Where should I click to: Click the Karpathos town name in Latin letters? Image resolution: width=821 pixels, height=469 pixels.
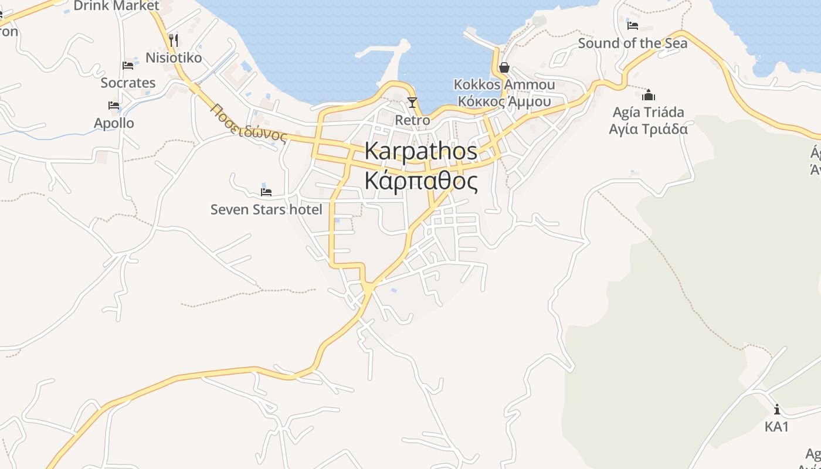pyautogui.click(x=420, y=151)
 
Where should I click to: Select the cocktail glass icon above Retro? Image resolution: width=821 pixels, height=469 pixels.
pyautogui.click(x=412, y=103)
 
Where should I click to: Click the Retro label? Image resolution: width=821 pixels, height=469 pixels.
pyautogui.click(x=412, y=120)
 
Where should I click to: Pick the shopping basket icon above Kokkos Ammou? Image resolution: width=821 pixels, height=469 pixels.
pyautogui.click(x=504, y=68)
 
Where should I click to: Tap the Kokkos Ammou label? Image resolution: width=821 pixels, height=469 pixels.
pyautogui.click(x=504, y=85)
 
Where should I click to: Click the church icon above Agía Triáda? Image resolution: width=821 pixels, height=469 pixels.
pyautogui.click(x=649, y=95)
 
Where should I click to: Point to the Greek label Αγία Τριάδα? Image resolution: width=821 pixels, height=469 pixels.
pyautogui.click(x=648, y=129)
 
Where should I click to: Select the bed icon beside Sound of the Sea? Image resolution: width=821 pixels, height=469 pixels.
pyautogui.click(x=632, y=25)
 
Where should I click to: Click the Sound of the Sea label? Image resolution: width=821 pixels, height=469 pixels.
pyautogui.click(x=633, y=43)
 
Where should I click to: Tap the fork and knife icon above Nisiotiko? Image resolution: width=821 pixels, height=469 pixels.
pyautogui.click(x=173, y=40)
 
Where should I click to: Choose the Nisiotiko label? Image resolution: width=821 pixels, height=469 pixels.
pyautogui.click(x=174, y=58)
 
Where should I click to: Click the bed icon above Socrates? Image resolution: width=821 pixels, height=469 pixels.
pyautogui.click(x=128, y=66)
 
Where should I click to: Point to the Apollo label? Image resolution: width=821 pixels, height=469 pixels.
pyautogui.click(x=114, y=123)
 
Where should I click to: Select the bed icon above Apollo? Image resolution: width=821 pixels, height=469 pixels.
pyautogui.click(x=114, y=106)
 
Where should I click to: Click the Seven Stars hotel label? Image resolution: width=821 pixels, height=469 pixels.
pyautogui.click(x=266, y=209)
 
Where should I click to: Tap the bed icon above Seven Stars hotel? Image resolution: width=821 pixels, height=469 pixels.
pyautogui.click(x=266, y=192)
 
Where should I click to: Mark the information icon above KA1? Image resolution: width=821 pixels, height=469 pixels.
pyautogui.click(x=777, y=409)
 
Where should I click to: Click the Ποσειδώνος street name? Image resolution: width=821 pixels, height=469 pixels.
pyautogui.click(x=249, y=123)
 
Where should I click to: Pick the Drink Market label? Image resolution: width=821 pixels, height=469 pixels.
pyautogui.click(x=116, y=6)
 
